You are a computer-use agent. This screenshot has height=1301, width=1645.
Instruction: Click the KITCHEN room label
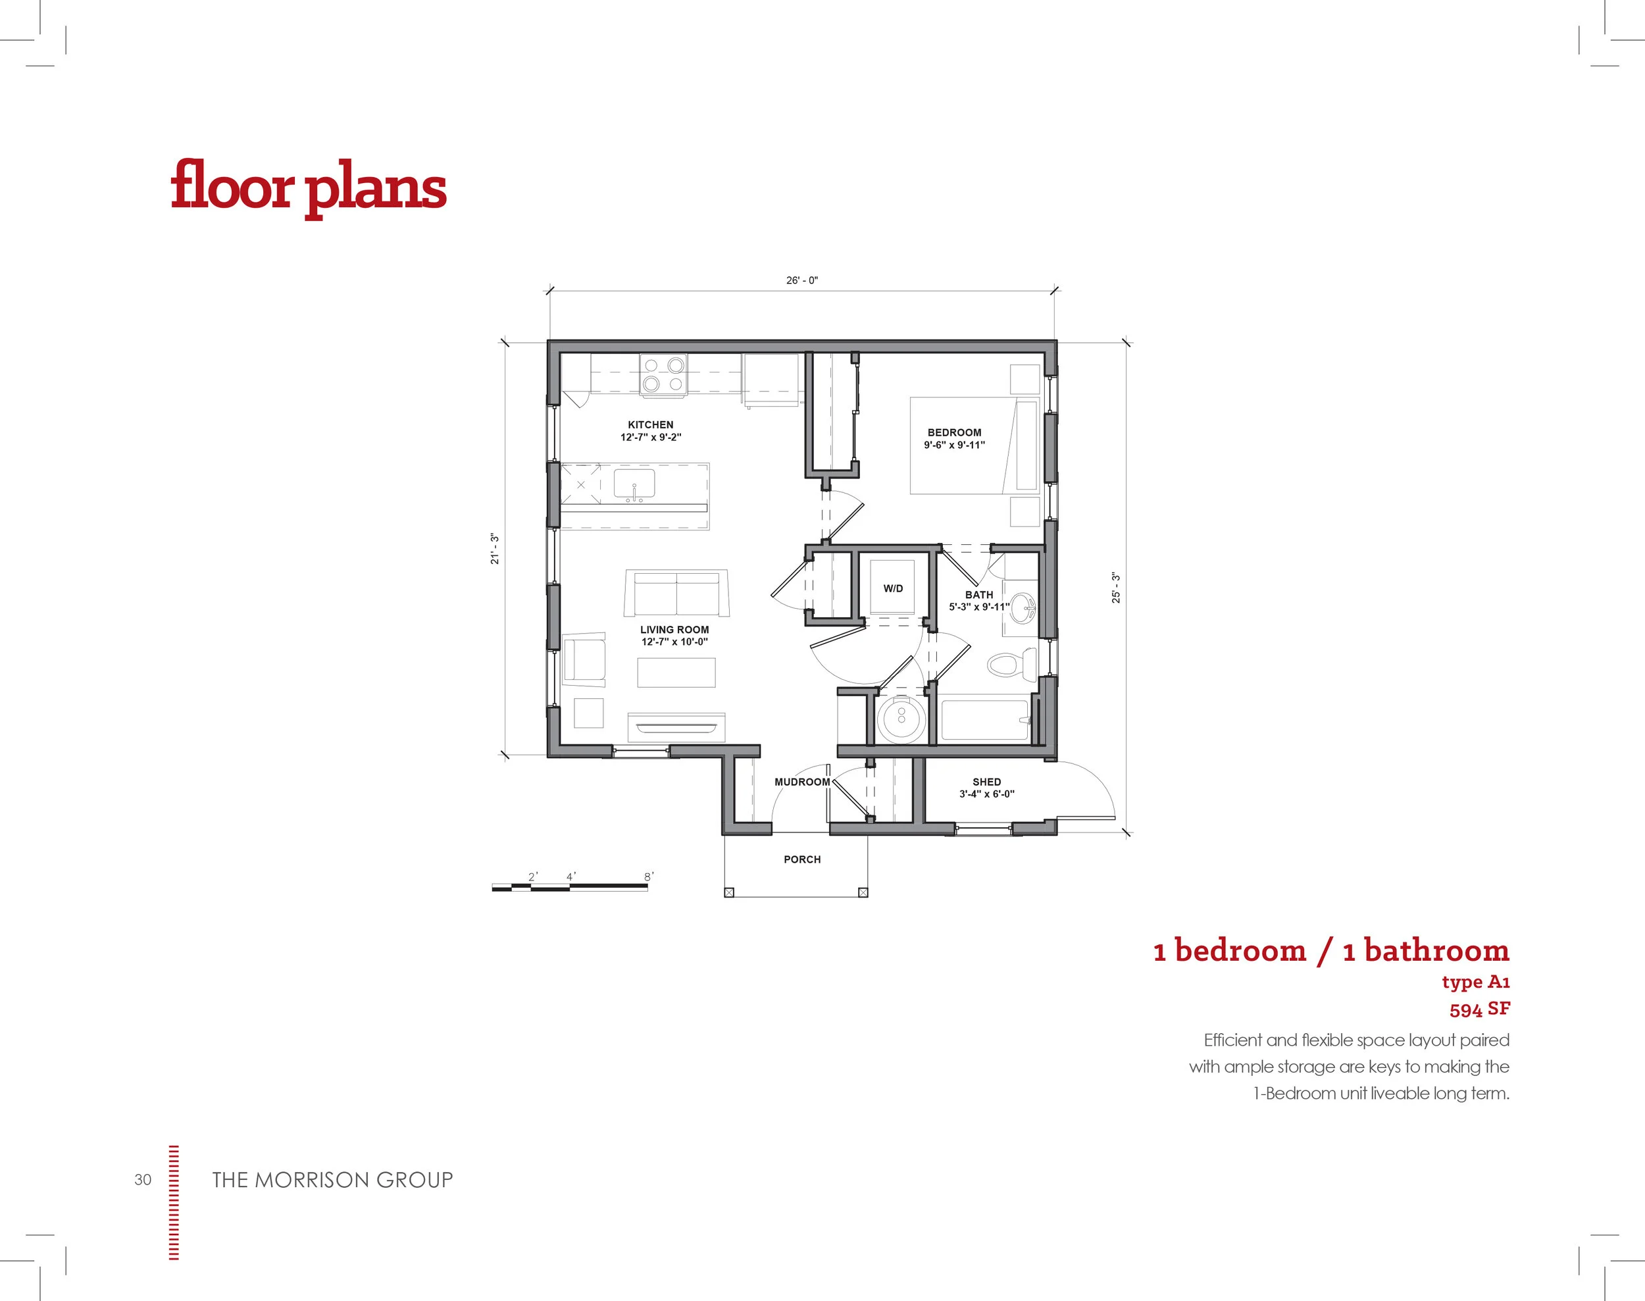pos(650,425)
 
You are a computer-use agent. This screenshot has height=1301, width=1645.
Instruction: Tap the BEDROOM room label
pos(954,432)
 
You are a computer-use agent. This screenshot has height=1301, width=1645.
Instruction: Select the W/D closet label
pos(894,589)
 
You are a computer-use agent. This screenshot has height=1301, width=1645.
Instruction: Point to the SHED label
pos(986,782)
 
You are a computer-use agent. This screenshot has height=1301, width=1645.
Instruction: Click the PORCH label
pos(802,859)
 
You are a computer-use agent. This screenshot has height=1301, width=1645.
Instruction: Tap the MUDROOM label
pos(802,782)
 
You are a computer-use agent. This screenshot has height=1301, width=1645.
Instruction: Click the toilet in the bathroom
pos(1012,665)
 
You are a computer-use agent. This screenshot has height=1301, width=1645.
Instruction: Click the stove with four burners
pos(663,374)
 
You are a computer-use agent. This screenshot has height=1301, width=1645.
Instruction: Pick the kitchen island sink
pos(634,485)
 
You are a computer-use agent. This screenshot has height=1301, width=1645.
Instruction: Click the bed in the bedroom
pos(974,446)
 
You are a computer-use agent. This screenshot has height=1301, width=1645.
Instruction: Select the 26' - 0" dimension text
pos(802,280)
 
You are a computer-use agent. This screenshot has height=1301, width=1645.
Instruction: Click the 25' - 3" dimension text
pos(1116,587)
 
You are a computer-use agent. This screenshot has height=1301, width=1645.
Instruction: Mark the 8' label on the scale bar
pos(649,877)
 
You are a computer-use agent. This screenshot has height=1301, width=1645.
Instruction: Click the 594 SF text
pos(1480,1009)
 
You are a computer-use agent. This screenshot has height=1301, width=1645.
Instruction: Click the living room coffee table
pos(676,673)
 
